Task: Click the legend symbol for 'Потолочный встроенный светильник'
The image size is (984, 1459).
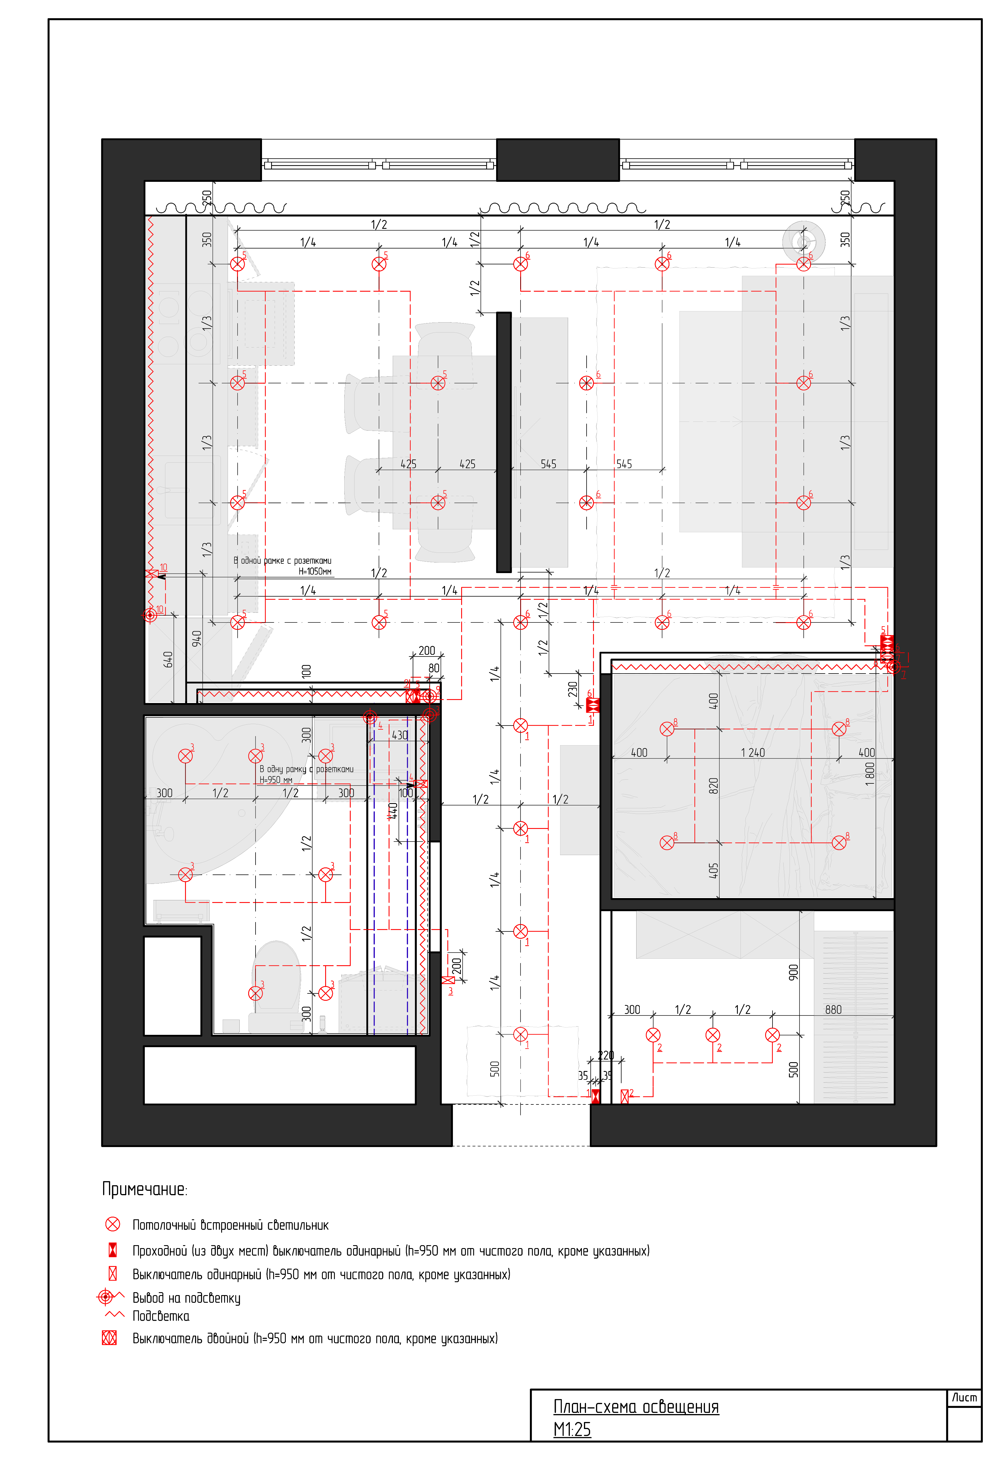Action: tap(112, 1224)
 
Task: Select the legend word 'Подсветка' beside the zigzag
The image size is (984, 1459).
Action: tap(161, 1316)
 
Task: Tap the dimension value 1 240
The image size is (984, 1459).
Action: tap(753, 752)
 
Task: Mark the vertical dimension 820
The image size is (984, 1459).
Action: tap(713, 786)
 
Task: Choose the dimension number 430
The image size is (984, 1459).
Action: tap(400, 735)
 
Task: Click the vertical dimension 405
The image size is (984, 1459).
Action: tap(713, 870)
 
